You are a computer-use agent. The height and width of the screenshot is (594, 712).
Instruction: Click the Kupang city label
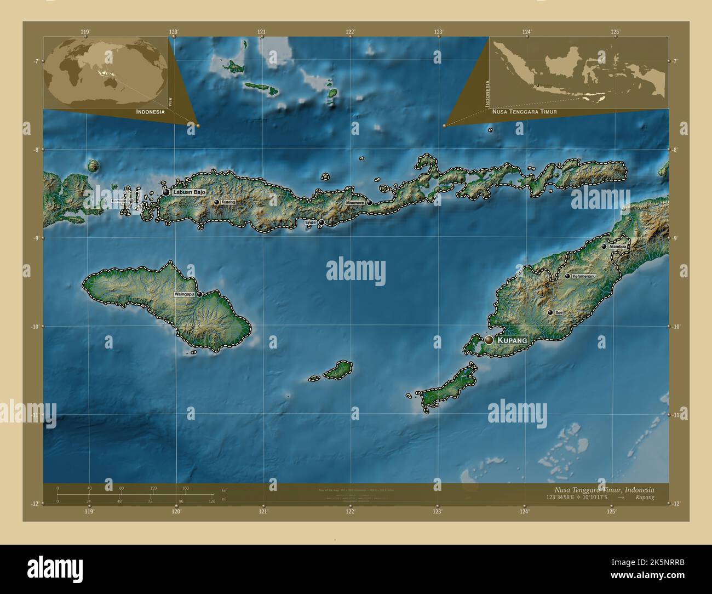(x=512, y=340)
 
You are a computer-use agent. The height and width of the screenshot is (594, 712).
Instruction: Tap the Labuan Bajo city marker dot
(x=166, y=192)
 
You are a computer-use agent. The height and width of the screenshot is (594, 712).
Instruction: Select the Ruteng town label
(x=229, y=202)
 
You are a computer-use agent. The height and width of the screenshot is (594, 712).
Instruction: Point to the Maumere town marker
(x=370, y=203)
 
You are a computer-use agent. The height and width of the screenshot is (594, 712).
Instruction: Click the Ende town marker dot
(x=322, y=222)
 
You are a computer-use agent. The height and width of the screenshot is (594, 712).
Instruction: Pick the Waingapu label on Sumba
(x=184, y=294)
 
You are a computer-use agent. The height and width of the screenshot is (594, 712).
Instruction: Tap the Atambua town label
(x=618, y=247)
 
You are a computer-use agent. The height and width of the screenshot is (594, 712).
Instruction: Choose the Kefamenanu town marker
(x=567, y=276)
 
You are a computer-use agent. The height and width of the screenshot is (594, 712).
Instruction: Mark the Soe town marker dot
(x=550, y=312)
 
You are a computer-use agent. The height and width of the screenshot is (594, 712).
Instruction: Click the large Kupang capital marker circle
(x=489, y=340)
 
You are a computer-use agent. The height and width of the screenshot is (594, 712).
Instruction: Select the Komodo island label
(x=118, y=201)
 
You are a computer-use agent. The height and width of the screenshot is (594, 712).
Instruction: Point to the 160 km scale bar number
(x=185, y=488)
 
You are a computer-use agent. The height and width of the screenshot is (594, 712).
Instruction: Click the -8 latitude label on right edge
(x=676, y=150)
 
